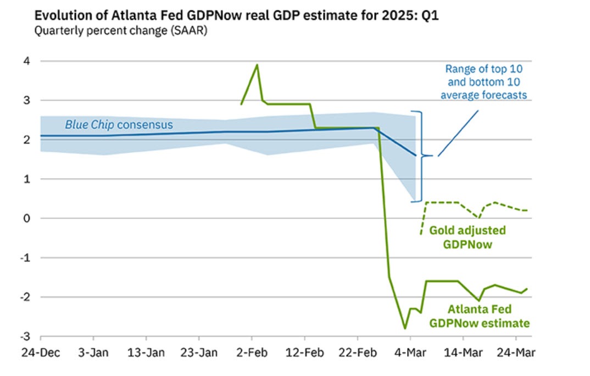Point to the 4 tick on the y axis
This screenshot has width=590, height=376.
[26, 61]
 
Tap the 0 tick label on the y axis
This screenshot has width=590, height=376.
[26, 218]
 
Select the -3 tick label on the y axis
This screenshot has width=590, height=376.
[25, 336]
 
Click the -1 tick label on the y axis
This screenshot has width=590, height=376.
[25, 257]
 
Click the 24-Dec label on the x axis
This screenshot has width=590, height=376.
[41, 351]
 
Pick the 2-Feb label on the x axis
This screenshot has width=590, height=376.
[252, 351]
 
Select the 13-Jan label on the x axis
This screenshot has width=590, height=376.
[146, 351]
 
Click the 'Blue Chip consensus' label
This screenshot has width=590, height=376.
[119, 125]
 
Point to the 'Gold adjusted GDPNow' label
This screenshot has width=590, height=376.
[467, 237]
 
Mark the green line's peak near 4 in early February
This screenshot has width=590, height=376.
[257, 65]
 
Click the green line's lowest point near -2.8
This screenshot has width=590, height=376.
[405, 328]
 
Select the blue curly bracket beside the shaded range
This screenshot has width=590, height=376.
[422, 156]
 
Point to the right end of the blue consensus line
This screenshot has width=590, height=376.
[415, 156]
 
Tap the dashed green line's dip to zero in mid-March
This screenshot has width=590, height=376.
[479, 218]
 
